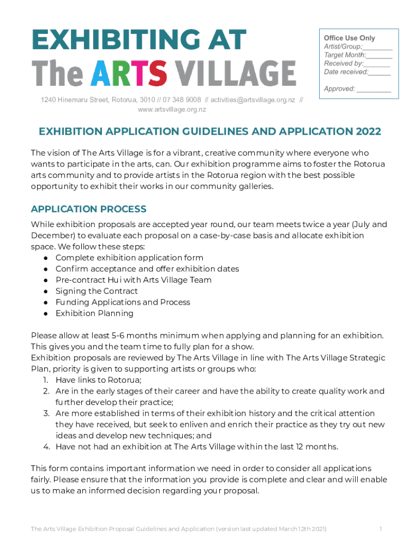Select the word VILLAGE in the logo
(x=238, y=73)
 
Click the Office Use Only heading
(x=350, y=38)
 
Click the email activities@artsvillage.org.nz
(x=253, y=100)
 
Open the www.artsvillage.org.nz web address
(x=172, y=109)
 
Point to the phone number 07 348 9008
(x=182, y=100)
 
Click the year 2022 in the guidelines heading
(x=368, y=132)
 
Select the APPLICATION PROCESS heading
(x=88, y=209)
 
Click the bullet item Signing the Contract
(x=97, y=291)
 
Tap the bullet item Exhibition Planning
(x=94, y=313)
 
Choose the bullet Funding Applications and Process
(x=123, y=302)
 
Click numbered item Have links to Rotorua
(x=98, y=380)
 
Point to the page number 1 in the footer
(x=380, y=529)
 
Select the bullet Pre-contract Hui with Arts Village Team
(x=133, y=280)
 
